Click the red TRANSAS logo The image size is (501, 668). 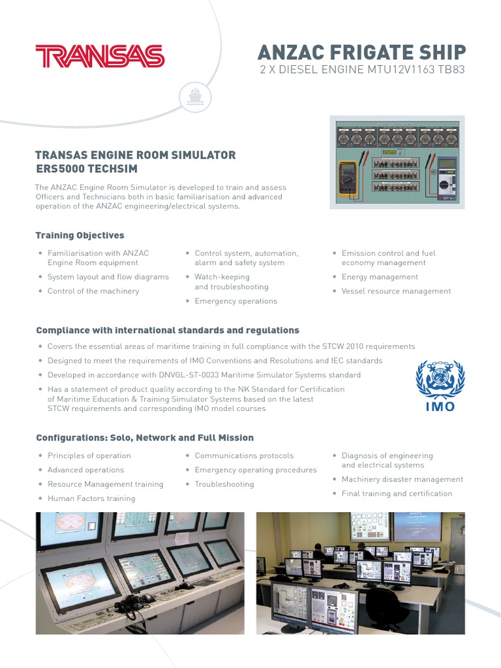(100, 56)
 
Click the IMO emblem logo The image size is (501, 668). (440, 385)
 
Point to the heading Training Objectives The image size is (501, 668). (80, 235)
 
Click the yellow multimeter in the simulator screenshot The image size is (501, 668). (348, 178)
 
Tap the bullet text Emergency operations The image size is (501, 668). (235, 301)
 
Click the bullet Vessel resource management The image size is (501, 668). (396, 292)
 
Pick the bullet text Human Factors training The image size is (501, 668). (91, 498)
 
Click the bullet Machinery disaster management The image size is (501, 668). (402, 479)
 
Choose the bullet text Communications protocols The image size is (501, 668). (244, 456)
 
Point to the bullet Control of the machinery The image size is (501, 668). (93, 292)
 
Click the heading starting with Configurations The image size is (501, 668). (145, 438)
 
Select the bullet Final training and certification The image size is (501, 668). (397, 494)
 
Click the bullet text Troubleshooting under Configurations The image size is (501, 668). (224, 485)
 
